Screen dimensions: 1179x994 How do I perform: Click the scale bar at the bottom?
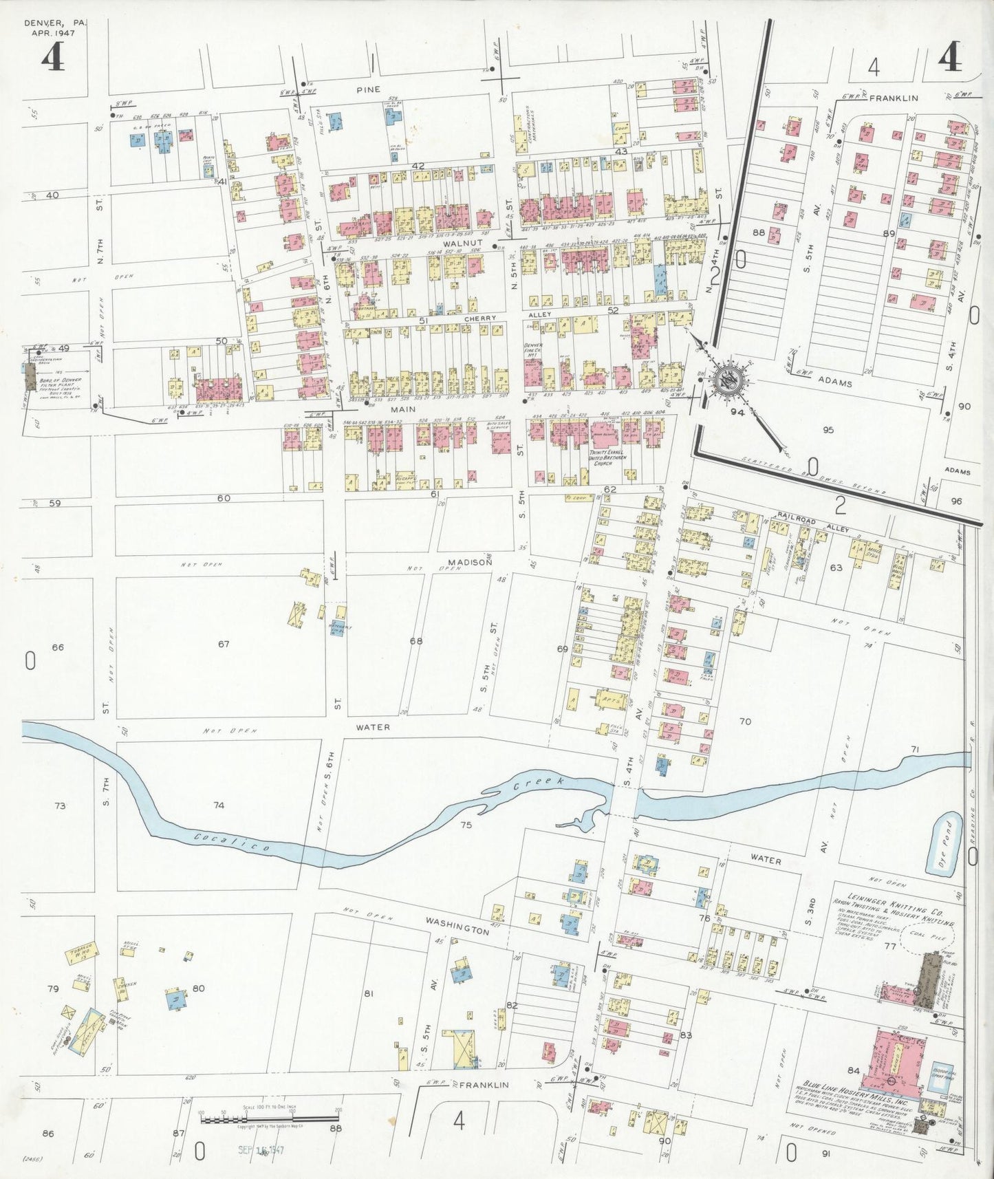[x=270, y=1119]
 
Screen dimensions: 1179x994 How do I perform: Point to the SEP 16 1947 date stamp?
[x=261, y=1149]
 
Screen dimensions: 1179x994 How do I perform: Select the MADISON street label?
[x=472, y=562]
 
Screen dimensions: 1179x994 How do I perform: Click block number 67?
[x=223, y=644]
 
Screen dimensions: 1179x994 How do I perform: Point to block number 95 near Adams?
[x=828, y=430]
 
